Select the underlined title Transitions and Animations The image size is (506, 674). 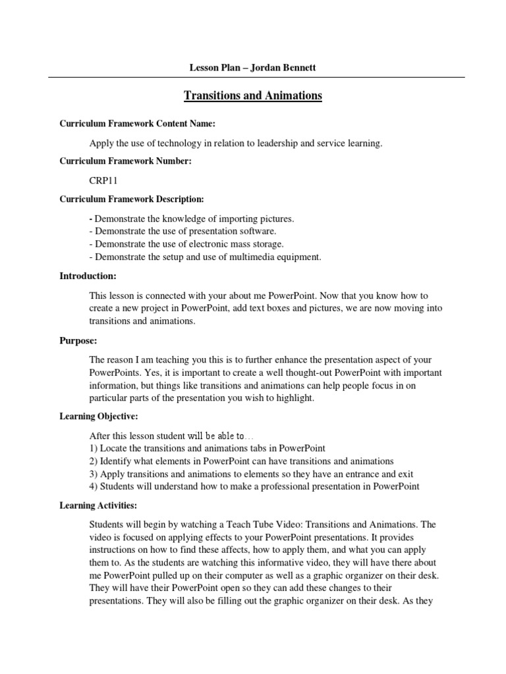[x=252, y=96]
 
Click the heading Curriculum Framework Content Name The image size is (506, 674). [x=138, y=124]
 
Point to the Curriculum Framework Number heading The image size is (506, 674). [x=126, y=161]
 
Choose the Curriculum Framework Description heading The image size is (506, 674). [x=132, y=199]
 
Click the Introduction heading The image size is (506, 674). [x=88, y=276]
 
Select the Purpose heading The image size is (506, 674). [x=78, y=342]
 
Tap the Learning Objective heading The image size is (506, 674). [x=99, y=417]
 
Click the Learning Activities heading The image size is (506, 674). [x=99, y=505]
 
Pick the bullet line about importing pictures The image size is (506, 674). [x=192, y=219]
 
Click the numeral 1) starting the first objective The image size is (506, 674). [x=93, y=449]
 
